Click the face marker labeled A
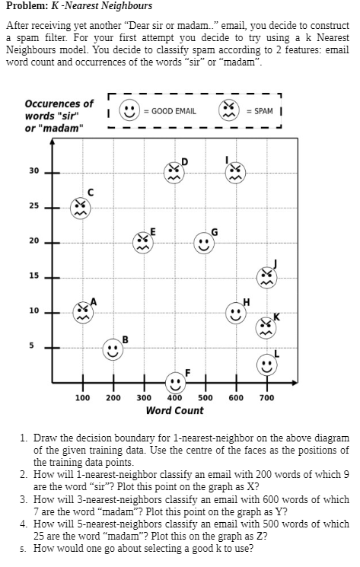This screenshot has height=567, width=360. (x=81, y=311)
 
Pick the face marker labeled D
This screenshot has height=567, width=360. (x=174, y=170)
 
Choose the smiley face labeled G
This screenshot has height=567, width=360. (x=203, y=243)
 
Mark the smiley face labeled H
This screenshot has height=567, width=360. (x=234, y=312)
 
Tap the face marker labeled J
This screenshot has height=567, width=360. (x=266, y=276)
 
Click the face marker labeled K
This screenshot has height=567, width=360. (x=266, y=328)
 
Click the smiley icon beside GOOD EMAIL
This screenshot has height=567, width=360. (x=130, y=110)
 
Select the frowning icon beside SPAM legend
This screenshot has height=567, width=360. (x=230, y=110)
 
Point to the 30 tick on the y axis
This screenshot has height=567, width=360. (x=33, y=170)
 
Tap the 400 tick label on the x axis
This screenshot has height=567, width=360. (x=174, y=397)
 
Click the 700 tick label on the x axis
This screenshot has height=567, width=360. (x=266, y=397)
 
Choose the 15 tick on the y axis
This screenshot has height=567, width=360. (x=33, y=276)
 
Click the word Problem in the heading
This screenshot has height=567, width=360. (x=25, y=6)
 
